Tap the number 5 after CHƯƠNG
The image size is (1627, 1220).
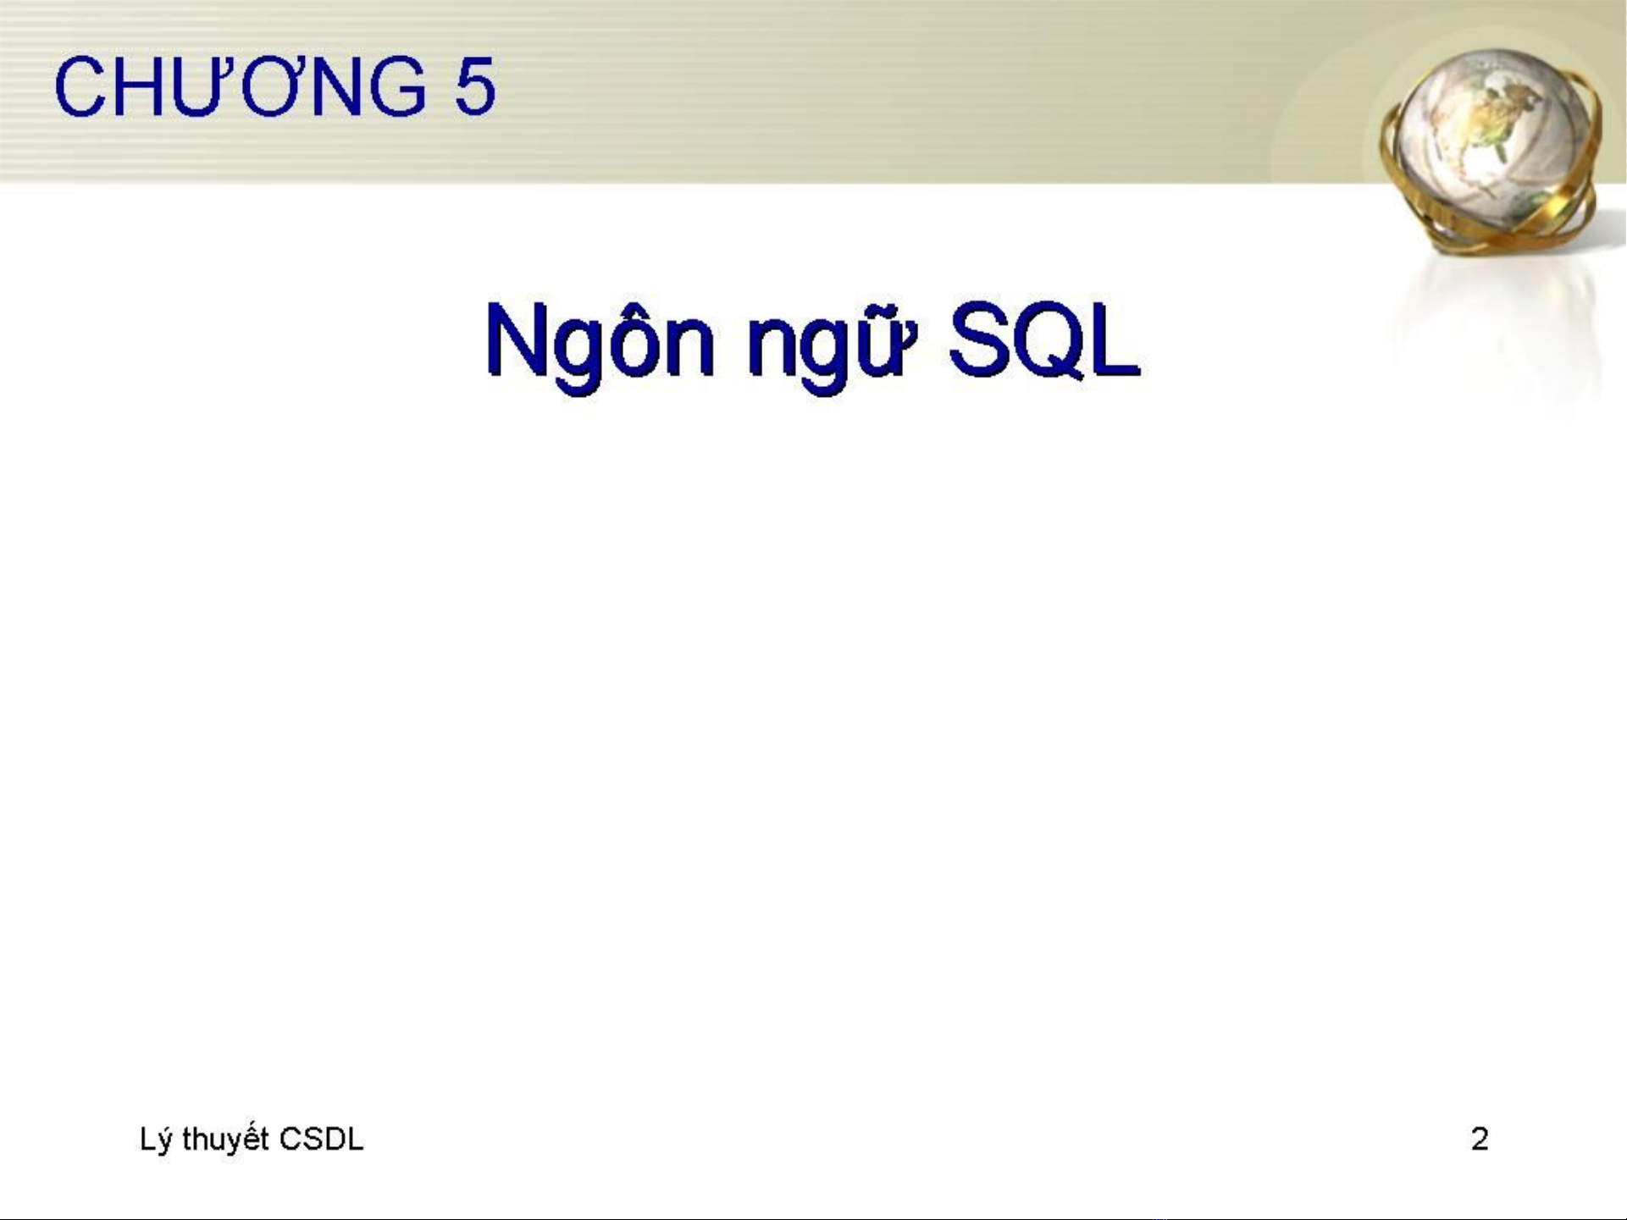coord(474,86)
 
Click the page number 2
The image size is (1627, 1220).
coord(1480,1140)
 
